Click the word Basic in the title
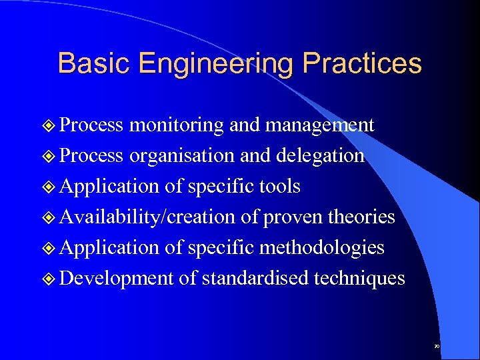pyautogui.click(x=91, y=63)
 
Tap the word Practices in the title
pyautogui.click(x=362, y=63)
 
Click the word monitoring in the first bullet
pyautogui.click(x=177, y=125)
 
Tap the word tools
pyautogui.click(x=278, y=187)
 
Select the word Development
pyautogui.click(x=117, y=279)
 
